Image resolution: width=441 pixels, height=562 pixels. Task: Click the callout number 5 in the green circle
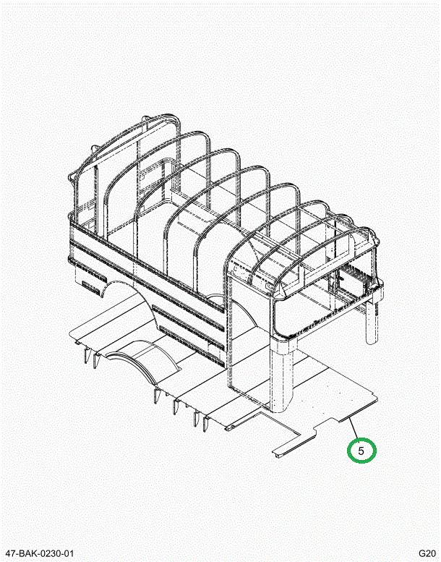click(x=361, y=450)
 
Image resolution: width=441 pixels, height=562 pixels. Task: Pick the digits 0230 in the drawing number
click(x=50, y=554)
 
